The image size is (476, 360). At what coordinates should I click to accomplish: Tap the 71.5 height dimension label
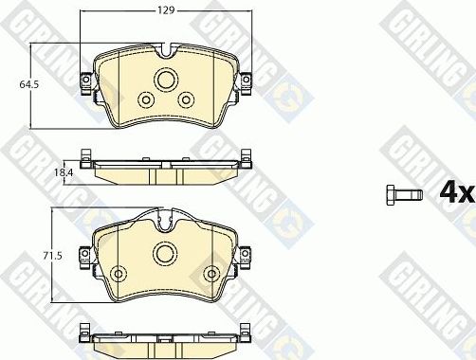point(58,257)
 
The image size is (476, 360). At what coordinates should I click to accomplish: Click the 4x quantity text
point(455,192)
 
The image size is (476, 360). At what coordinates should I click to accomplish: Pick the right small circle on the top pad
point(188,100)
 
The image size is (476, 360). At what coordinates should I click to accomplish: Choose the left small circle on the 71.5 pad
point(119,274)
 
